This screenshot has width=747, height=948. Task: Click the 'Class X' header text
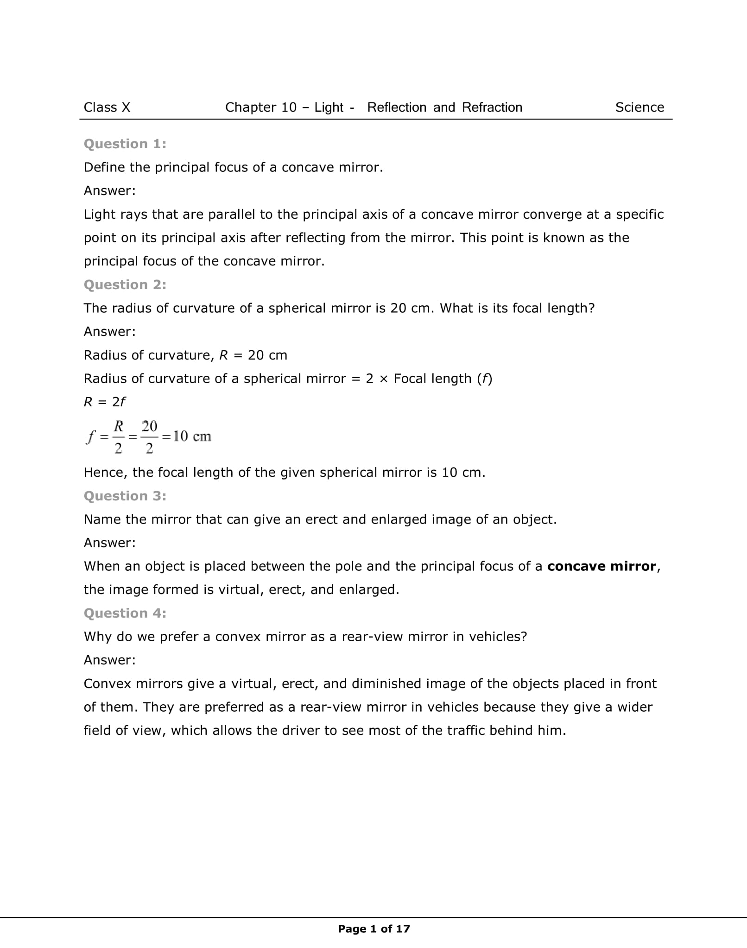[107, 107]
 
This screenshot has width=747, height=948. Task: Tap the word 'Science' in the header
[639, 107]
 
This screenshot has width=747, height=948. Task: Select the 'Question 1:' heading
[125, 144]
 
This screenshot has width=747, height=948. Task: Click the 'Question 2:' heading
[125, 285]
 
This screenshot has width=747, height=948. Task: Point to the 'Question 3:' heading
[125, 496]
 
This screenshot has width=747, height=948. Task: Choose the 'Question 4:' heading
[125, 613]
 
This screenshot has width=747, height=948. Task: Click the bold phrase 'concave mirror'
[601, 566]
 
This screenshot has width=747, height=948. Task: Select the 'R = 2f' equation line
[104, 402]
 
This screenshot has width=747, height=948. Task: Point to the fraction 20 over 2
[149, 437]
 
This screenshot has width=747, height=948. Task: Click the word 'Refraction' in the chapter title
[492, 107]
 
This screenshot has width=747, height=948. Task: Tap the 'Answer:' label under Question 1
[109, 191]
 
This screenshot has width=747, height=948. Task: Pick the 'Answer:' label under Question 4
[109, 660]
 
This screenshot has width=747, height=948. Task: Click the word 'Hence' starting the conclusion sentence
[105, 473]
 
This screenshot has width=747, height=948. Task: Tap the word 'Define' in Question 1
[105, 167]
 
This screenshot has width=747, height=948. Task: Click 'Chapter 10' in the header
[260, 107]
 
